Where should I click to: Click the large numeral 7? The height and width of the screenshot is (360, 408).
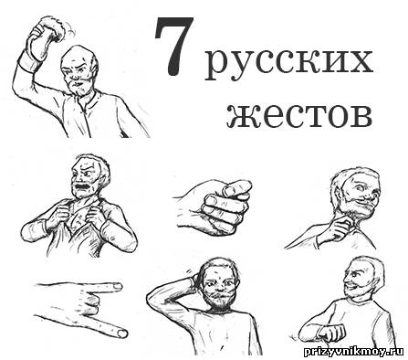tap(173, 46)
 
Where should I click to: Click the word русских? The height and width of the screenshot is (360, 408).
tap(289, 63)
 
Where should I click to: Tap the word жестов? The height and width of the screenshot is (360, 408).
tap(299, 116)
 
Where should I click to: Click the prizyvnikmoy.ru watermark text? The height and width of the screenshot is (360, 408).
tap(354, 352)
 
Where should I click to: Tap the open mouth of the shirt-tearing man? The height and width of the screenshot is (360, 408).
tap(81, 185)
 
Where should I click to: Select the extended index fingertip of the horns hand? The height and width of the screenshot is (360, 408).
tap(117, 287)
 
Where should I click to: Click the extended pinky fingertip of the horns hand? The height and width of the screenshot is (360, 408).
tap(122, 334)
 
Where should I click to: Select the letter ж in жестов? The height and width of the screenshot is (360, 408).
tap(240, 117)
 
